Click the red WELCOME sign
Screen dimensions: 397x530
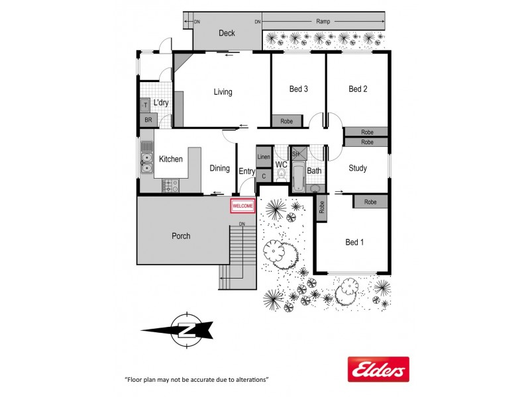[242, 206]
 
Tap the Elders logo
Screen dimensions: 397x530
[378, 369]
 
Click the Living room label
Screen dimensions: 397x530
[223, 92]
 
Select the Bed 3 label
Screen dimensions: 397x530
[299, 89]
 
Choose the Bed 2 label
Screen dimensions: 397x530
[358, 89]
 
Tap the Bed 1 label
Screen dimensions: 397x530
[354, 242]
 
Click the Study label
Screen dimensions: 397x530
[358, 168]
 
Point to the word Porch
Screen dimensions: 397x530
[181, 236]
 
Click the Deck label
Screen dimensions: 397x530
[227, 33]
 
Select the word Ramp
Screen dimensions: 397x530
[324, 22]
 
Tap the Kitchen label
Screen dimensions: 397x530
[170, 159]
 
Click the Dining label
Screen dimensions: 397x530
[219, 169]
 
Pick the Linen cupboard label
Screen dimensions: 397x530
[264, 157]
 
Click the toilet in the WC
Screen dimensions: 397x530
[281, 176]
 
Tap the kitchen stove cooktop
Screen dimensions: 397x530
[171, 185]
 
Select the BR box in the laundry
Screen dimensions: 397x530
[147, 120]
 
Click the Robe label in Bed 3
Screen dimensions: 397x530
[287, 121]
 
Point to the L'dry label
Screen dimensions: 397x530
[161, 103]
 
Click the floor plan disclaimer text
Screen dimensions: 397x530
[196, 380]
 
